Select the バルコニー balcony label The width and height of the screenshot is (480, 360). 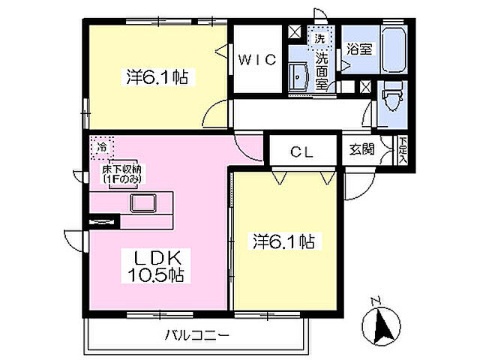196,335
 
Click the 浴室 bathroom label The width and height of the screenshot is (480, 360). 360,49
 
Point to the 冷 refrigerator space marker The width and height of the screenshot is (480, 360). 100,148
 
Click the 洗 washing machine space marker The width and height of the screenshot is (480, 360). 319,37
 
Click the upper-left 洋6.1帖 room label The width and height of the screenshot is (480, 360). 156,76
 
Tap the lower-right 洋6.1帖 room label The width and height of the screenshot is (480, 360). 283,241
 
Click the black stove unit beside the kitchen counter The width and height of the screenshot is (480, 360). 103,220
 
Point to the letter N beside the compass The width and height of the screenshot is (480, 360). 376,302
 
